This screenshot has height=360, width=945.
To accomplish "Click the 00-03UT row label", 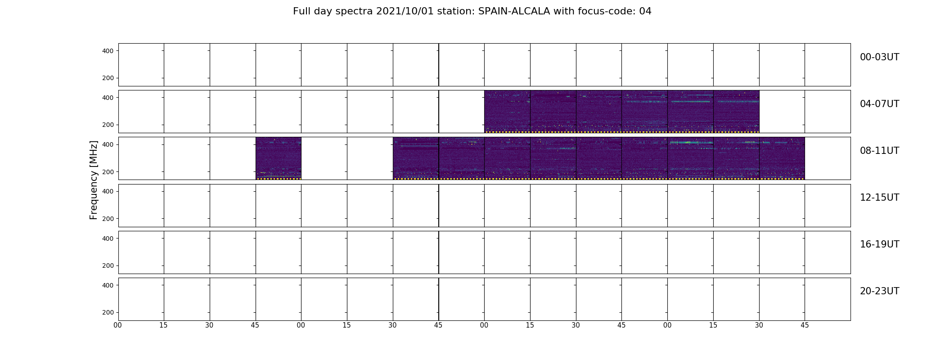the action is pyautogui.click(x=879, y=57).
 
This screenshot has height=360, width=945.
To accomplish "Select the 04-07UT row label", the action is pyautogui.click(x=879, y=104).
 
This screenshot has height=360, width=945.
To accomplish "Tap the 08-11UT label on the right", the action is pyautogui.click(x=879, y=151).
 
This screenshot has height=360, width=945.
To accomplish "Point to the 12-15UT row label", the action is pyautogui.click(x=879, y=198).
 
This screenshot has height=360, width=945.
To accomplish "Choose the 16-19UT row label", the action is pyautogui.click(x=879, y=244).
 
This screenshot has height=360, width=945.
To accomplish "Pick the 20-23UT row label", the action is pyautogui.click(x=879, y=291).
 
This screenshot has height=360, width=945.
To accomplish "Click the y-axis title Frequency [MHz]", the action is pyautogui.click(x=94, y=180).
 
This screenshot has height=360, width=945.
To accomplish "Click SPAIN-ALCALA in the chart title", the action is pyautogui.click(x=514, y=11).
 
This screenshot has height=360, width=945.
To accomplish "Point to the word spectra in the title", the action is pyautogui.click(x=355, y=12).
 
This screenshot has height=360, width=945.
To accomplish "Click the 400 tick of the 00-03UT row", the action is pyautogui.click(x=108, y=51).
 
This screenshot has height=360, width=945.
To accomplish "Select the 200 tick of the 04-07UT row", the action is pyautogui.click(x=108, y=125).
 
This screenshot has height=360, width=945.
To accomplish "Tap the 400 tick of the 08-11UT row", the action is pyautogui.click(x=108, y=144).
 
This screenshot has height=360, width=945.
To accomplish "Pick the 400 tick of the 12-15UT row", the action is pyautogui.click(x=108, y=191).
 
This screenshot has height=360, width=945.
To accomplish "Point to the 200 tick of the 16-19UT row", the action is pyautogui.click(x=108, y=265).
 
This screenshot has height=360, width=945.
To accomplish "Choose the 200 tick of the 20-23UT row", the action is pyautogui.click(x=108, y=312).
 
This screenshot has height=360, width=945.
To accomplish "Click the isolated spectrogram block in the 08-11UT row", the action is pyautogui.click(x=279, y=158).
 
